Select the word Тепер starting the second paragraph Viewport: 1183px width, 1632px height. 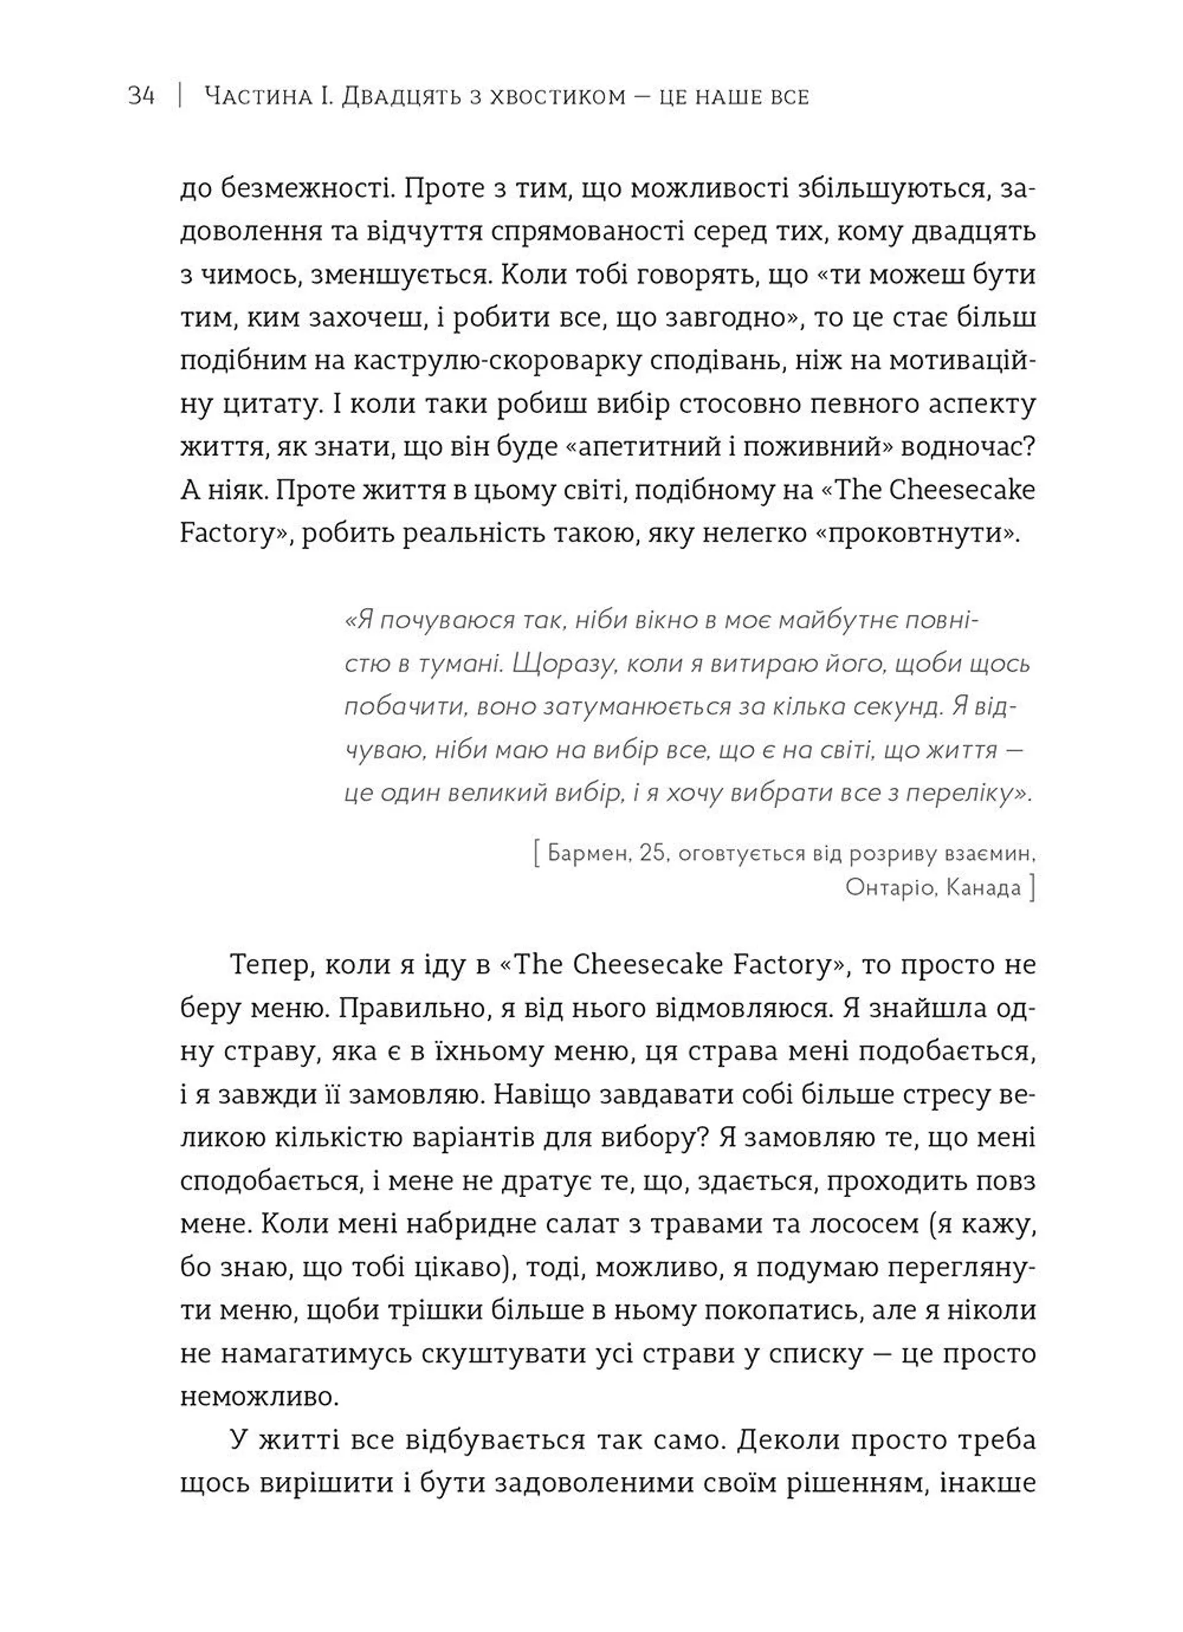pyautogui.click(x=270, y=965)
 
